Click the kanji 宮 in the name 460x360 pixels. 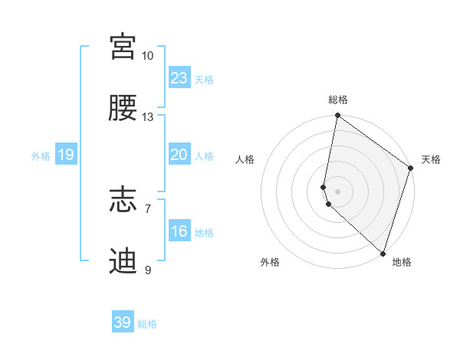click(x=123, y=47)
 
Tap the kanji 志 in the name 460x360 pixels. click(x=123, y=200)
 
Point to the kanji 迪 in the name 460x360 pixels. click(x=123, y=261)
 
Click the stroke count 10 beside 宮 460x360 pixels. click(x=147, y=56)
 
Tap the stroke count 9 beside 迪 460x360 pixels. click(x=147, y=270)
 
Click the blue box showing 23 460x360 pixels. click(x=179, y=78)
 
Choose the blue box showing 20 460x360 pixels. click(x=179, y=155)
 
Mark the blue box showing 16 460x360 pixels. click(x=179, y=231)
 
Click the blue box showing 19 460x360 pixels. click(x=66, y=155)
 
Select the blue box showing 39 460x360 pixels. click(x=123, y=322)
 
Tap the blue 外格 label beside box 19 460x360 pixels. click(x=41, y=156)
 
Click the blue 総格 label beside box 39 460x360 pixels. click(x=147, y=324)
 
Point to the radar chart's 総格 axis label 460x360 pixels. click(x=338, y=100)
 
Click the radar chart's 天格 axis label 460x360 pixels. click(x=431, y=159)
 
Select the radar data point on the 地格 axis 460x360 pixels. click(x=383, y=254)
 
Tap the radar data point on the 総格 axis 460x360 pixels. click(x=337, y=116)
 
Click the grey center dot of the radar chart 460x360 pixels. click(x=337, y=191)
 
